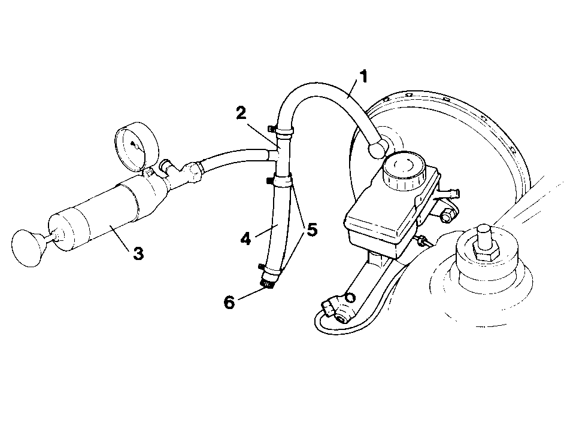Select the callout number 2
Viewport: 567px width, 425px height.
tap(241, 113)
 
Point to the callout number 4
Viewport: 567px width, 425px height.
tap(245, 239)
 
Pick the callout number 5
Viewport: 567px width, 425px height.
tap(312, 230)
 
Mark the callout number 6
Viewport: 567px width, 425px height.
tap(229, 302)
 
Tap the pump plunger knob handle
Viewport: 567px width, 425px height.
tap(27, 248)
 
